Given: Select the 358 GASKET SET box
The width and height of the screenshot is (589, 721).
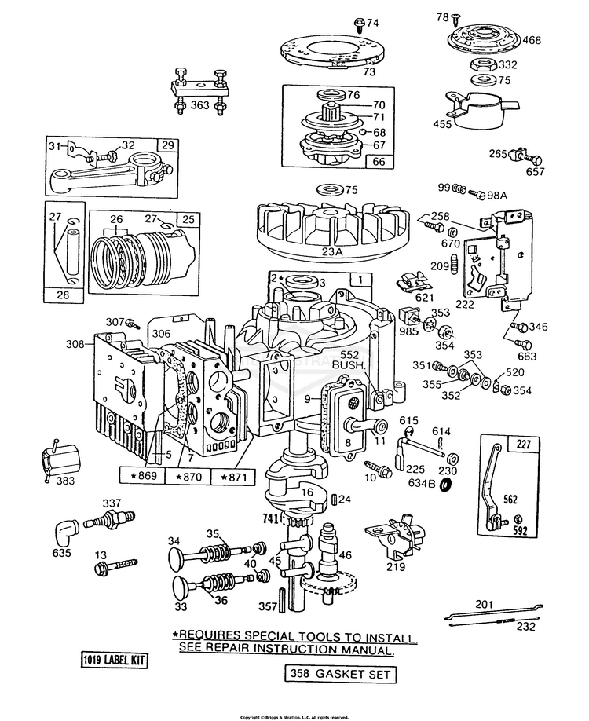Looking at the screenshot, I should [x=339, y=674].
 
